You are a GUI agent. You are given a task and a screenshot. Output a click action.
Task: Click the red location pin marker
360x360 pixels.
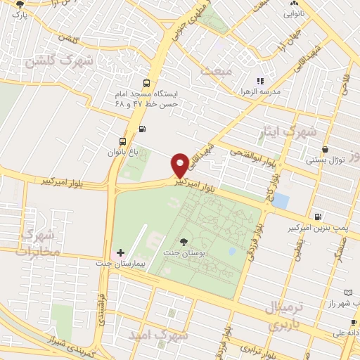[181, 165]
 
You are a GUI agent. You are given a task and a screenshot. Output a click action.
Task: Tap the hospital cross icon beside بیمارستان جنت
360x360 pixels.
[121, 252]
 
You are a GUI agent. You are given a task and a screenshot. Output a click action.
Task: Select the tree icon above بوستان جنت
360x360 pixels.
[184, 241]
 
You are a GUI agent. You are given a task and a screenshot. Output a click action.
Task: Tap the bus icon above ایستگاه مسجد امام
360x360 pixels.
[146, 82]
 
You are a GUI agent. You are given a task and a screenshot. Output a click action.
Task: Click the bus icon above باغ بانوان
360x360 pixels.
[124, 141]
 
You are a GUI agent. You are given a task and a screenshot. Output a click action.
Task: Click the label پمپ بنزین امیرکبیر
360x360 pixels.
[319, 229]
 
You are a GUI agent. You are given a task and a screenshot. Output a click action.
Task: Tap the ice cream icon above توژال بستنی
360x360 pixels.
[325, 149]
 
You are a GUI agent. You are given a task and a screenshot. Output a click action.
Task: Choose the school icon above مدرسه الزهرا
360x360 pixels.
[260, 82]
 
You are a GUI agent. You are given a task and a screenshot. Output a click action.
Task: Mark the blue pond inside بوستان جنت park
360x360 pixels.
[232, 251]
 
